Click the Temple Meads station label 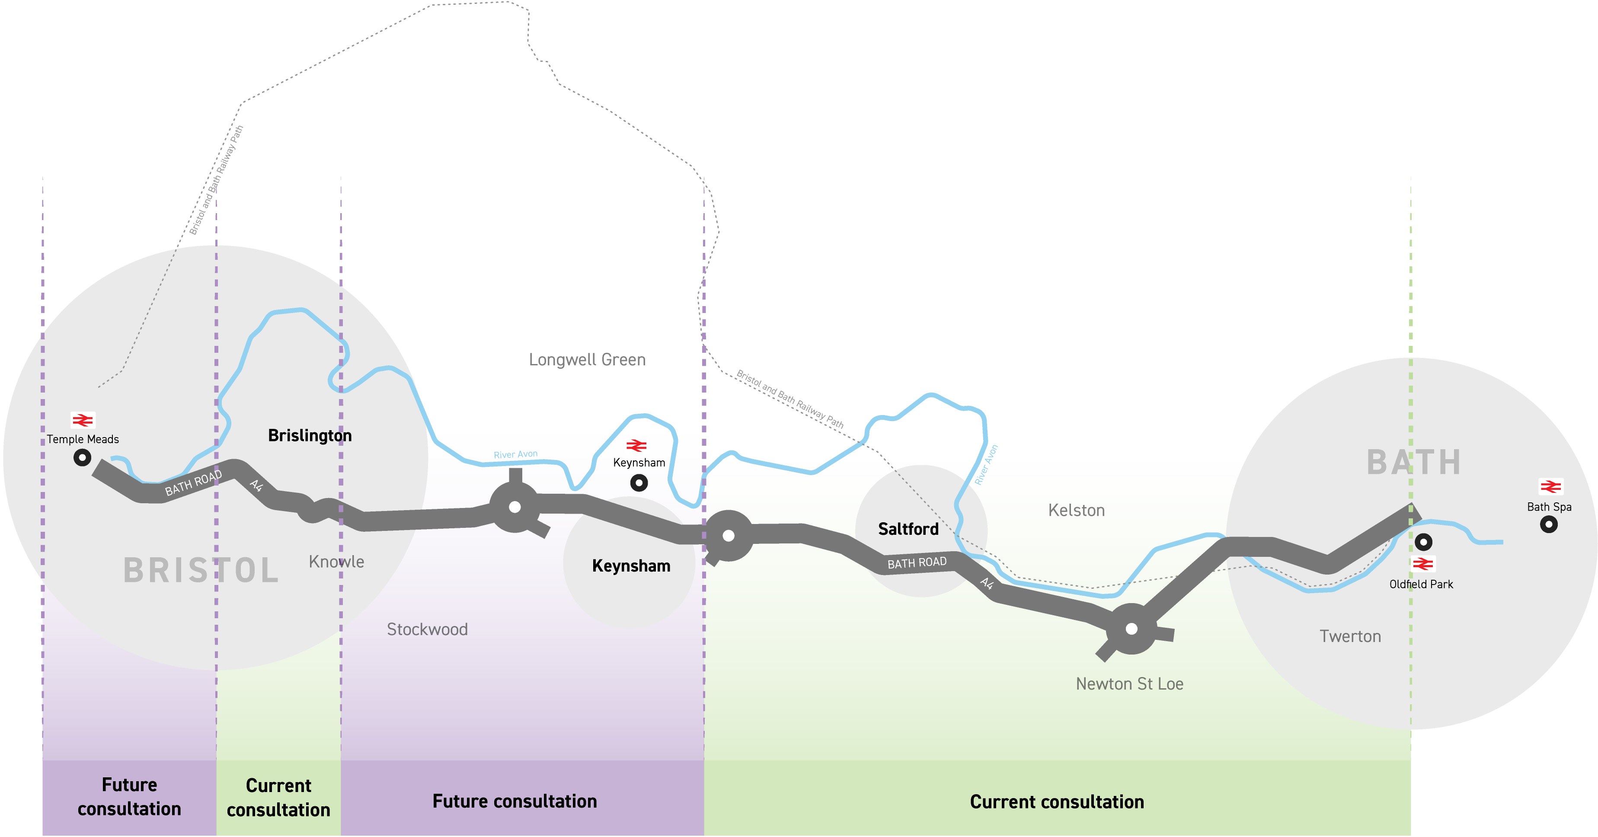pos(83,439)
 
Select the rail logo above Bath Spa pos(1550,487)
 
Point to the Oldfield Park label pos(1421,585)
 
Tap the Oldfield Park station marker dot pos(1423,542)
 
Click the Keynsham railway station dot pos(638,483)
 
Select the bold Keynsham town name pos(631,566)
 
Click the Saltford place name pos(908,529)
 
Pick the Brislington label pos(310,435)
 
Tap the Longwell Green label pos(587,360)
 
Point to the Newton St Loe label pos(1129,684)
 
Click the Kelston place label pos(1076,511)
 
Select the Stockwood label pos(427,630)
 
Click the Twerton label pos(1350,636)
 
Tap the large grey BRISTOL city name pos(201,571)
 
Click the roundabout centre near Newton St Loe pos(1131,629)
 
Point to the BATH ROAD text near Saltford pos(917,563)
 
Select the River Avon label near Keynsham pos(515,455)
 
